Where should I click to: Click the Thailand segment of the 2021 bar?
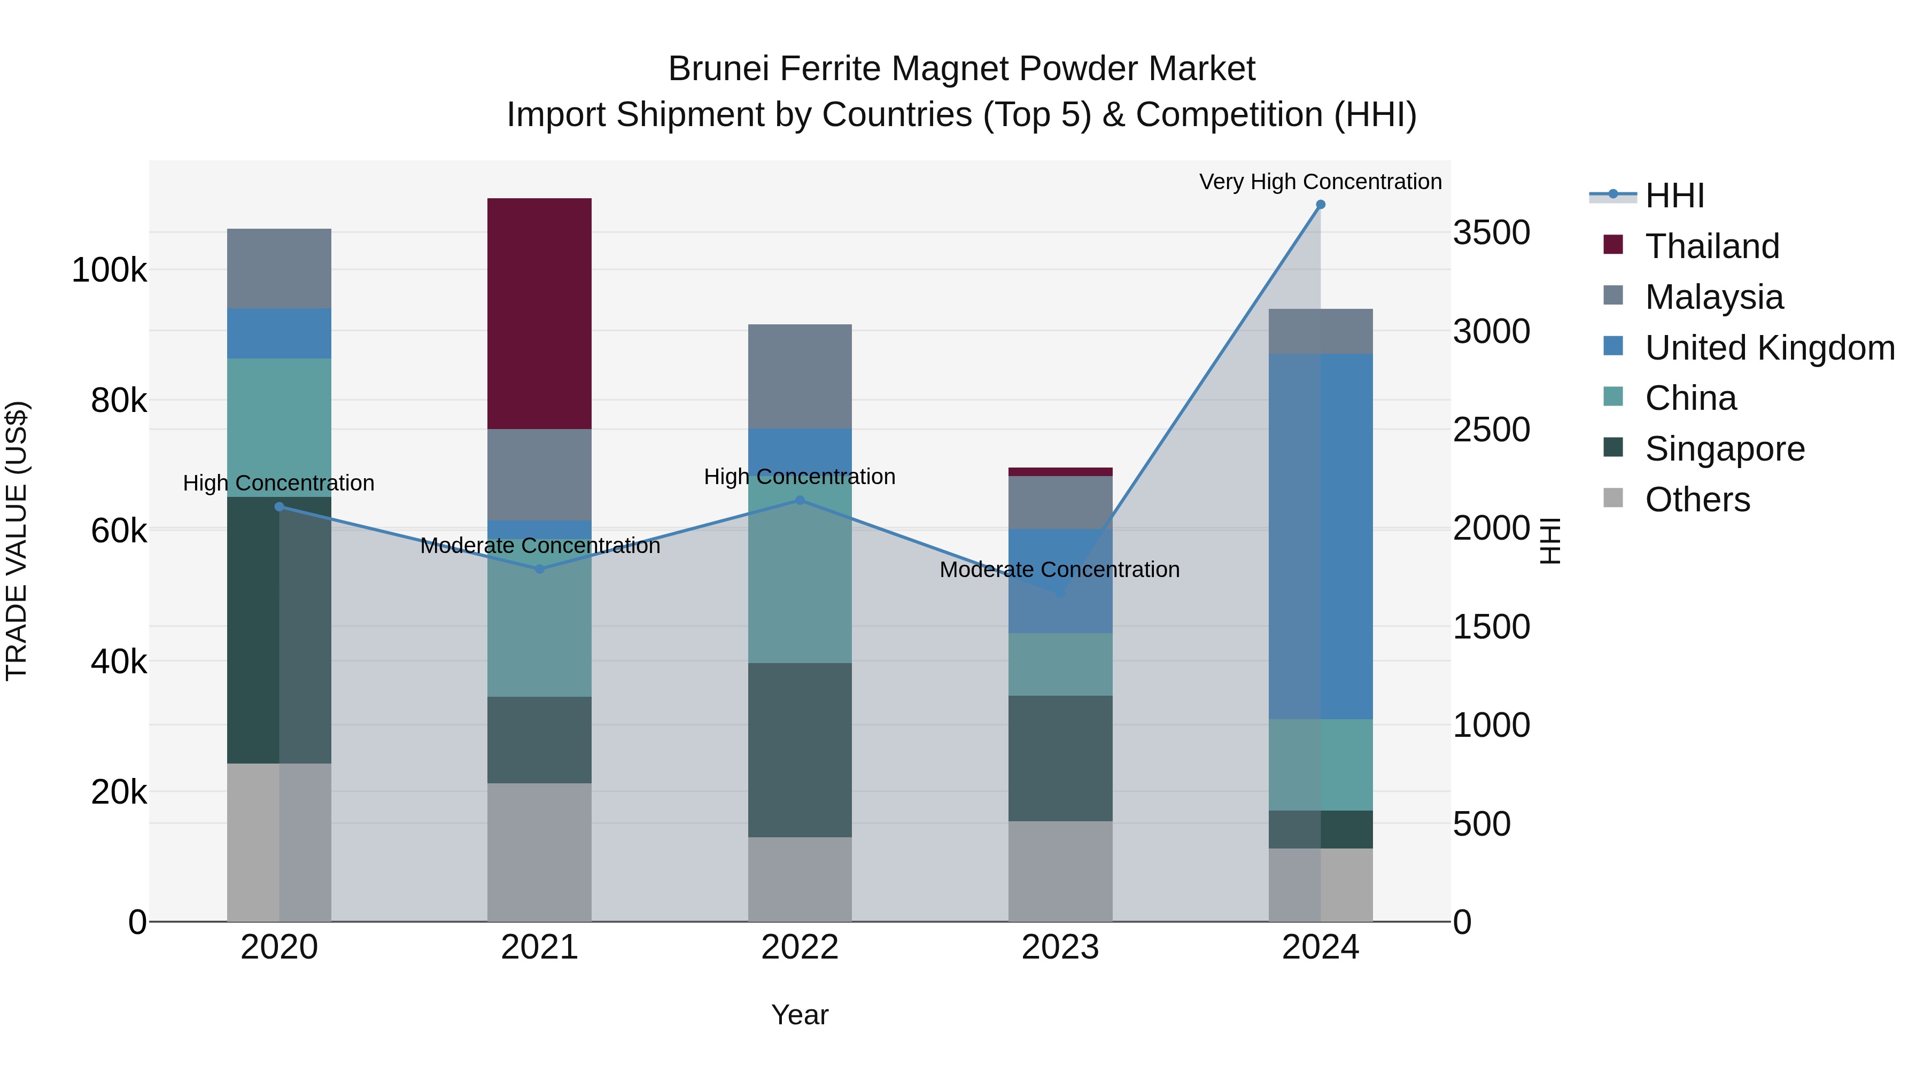pyautogui.click(x=539, y=314)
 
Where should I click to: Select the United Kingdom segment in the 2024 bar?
pyautogui.click(x=1321, y=536)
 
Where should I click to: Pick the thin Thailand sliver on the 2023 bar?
pyautogui.click(x=1060, y=472)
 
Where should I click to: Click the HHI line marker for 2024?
pyautogui.click(x=1321, y=205)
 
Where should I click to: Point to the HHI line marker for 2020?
pyautogui.click(x=280, y=507)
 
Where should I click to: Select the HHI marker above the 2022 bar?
pyautogui.click(x=800, y=500)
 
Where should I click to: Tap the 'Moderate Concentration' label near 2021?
pyautogui.click(x=540, y=546)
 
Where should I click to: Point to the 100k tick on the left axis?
pyautogui.click(x=109, y=270)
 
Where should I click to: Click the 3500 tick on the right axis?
pyautogui.click(x=1491, y=233)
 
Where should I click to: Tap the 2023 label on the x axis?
pyautogui.click(x=1060, y=947)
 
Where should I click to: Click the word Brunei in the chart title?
pyautogui.click(x=718, y=69)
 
